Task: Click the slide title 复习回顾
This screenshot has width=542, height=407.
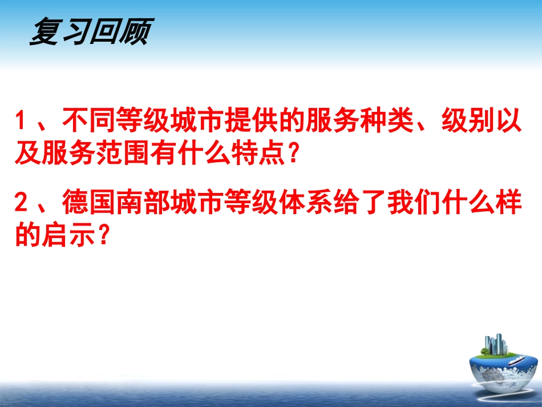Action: pyautogui.click(x=89, y=32)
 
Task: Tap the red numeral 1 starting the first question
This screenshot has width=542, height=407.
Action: pyautogui.click(x=21, y=122)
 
